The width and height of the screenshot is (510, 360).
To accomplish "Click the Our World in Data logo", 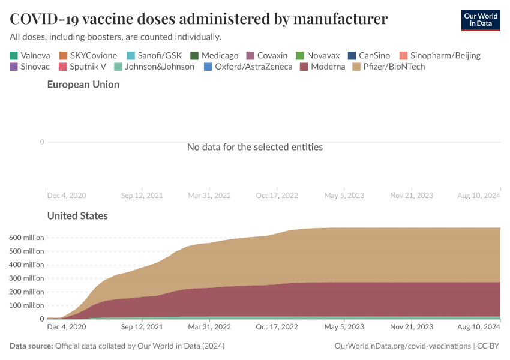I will point(480,20).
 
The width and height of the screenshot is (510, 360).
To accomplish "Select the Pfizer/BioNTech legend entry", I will point(394,67).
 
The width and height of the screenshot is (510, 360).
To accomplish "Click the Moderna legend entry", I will point(328,67).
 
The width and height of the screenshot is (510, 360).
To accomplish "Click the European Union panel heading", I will point(83,85).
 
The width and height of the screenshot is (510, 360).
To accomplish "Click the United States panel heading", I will point(77,215).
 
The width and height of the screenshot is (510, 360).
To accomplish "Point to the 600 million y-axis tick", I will point(26,238).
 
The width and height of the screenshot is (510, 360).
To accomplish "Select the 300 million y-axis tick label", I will point(26,278).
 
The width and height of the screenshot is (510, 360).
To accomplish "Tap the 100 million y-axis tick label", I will point(26,305).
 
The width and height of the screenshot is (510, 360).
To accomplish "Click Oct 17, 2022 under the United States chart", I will point(277,327).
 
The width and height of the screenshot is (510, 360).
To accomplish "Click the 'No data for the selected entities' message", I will point(255,147).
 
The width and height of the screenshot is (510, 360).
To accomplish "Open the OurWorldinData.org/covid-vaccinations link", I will point(402,346).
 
